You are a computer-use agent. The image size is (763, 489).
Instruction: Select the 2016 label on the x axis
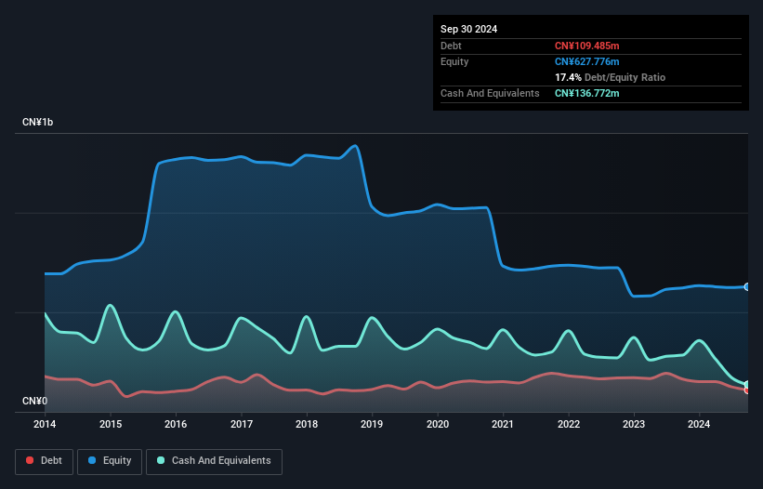(x=176, y=425)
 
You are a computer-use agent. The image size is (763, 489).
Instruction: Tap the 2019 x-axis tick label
(x=372, y=425)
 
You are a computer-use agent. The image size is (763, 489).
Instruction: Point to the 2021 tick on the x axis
(x=503, y=425)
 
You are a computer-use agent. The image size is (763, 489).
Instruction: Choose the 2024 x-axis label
(x=699, y=425)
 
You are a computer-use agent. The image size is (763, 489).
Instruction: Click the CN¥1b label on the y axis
(x=39, y=123)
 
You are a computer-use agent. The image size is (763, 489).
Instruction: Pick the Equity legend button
(x=110, y=461)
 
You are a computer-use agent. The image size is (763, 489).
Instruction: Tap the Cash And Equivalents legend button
(x=214, y=461)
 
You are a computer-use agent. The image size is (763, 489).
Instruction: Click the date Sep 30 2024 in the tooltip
(x=468, y=29)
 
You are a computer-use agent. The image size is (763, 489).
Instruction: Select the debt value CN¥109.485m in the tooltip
(x=586, y=46)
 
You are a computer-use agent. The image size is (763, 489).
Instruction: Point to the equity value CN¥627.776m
(x=586, y=61)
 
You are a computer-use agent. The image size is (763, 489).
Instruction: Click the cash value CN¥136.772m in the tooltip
(x=586, y=93)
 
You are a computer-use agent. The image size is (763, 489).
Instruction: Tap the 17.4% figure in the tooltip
(x=568, y=77)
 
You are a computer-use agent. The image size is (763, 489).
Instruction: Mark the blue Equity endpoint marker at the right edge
(x=747, y=287)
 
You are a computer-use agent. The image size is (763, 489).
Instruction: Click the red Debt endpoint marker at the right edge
(x=747, y=390)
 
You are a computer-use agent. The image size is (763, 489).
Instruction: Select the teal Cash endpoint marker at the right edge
(x=747, y=384)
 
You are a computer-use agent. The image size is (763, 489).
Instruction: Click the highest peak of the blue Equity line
(x=354, y=146)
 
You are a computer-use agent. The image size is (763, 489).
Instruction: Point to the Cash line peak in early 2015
(x=111, y=305)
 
